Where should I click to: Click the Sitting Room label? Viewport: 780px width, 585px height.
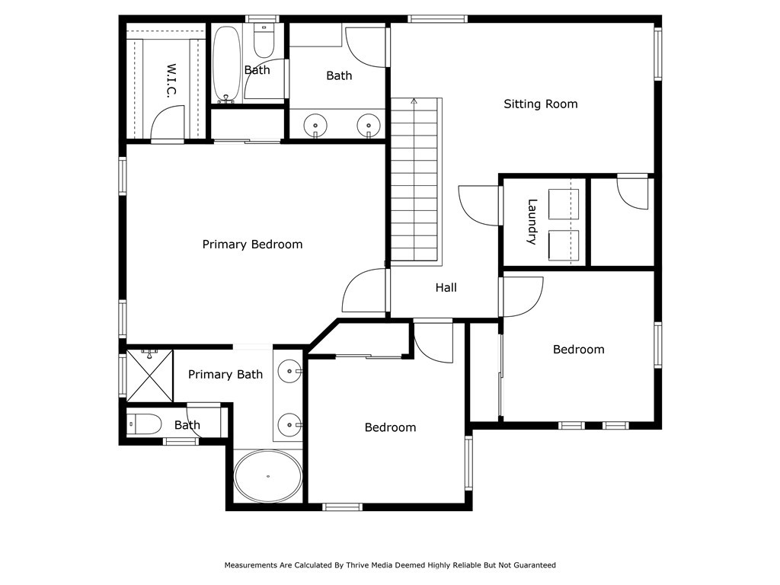(x=540, y=104)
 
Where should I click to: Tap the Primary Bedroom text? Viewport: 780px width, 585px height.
(x=252, y=245)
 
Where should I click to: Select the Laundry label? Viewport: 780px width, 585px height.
(x=532, y=222)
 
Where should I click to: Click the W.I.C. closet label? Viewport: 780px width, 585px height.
(x=171, y=81)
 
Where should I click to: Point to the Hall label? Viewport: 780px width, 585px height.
(x=446, y=287)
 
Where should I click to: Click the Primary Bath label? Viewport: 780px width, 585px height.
(x=225, y=374)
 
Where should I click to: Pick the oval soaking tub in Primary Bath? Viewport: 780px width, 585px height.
(x=267, y=476)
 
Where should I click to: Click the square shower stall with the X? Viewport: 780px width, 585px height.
(x=150, y=375)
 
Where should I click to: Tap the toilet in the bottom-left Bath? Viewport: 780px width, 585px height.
(x=144, y=424)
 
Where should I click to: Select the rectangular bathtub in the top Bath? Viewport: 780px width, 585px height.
(x=226, y=65)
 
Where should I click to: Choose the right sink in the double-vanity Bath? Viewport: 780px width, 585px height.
(x=369, y=124)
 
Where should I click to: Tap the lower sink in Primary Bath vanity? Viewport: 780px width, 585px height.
(x=289, y=424)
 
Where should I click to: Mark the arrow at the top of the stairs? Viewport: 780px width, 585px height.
(x=414, y=101)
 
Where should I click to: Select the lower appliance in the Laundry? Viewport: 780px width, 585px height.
(x=563, y=245)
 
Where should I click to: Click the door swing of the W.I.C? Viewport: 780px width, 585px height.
(x=168, y=122)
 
